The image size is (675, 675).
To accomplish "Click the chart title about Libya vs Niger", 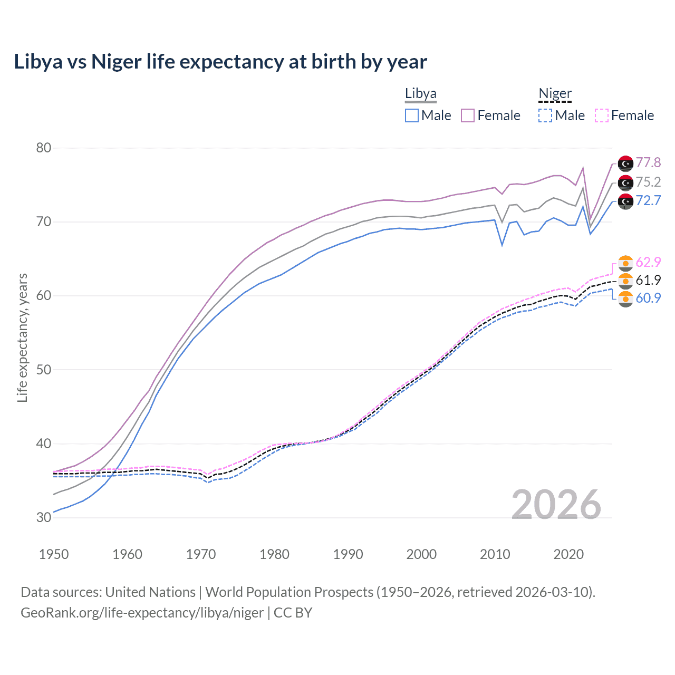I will pyautogui.click(x=220, y=62).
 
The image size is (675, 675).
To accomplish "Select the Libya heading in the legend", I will pyautogui.click(x=420, y=93).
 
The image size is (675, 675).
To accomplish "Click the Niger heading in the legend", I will pyautogui.click(x=555, y=93).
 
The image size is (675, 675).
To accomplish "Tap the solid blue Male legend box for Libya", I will pyautogui.click(x=412, y=115).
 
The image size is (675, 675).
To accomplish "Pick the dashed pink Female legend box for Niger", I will pyautogui.click(x=602, y=115).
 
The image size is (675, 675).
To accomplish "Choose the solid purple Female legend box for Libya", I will pyautogui.click(x=468, y=115).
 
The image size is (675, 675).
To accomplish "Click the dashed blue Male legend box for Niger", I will pyautogui.click(x=545, y=115).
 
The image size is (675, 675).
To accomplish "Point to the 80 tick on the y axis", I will pyautogui.click(x=44, y=148).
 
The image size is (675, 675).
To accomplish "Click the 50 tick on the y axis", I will pyautogui.click(x=44, y=370).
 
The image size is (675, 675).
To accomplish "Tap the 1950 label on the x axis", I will pyautogui.click(x=54, y=554).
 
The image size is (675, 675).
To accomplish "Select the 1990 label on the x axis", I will pyautogui.click(x=348, y=554).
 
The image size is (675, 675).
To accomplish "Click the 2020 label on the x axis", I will pyautogui.click(x=568, y=554).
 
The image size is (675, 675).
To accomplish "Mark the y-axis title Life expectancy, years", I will pyautogui.click(x=22, y=337).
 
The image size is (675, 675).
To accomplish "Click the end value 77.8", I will pyautogui.click(x=648, y=162).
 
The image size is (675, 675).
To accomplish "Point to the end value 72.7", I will pyautogui.click(x=648, y=200).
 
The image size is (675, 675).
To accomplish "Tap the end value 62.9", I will pyautogui.click(x=648, y=262).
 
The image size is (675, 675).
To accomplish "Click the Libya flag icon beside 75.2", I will pyautogui.click(x=625, y=182).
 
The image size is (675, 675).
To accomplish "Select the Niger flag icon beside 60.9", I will pyautogui.click(x=625, y=298).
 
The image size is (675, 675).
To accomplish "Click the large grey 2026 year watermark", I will pyautogui.click(x=556, y=505).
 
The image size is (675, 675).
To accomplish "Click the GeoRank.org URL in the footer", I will pyautogui.click(x=142, y=613).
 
